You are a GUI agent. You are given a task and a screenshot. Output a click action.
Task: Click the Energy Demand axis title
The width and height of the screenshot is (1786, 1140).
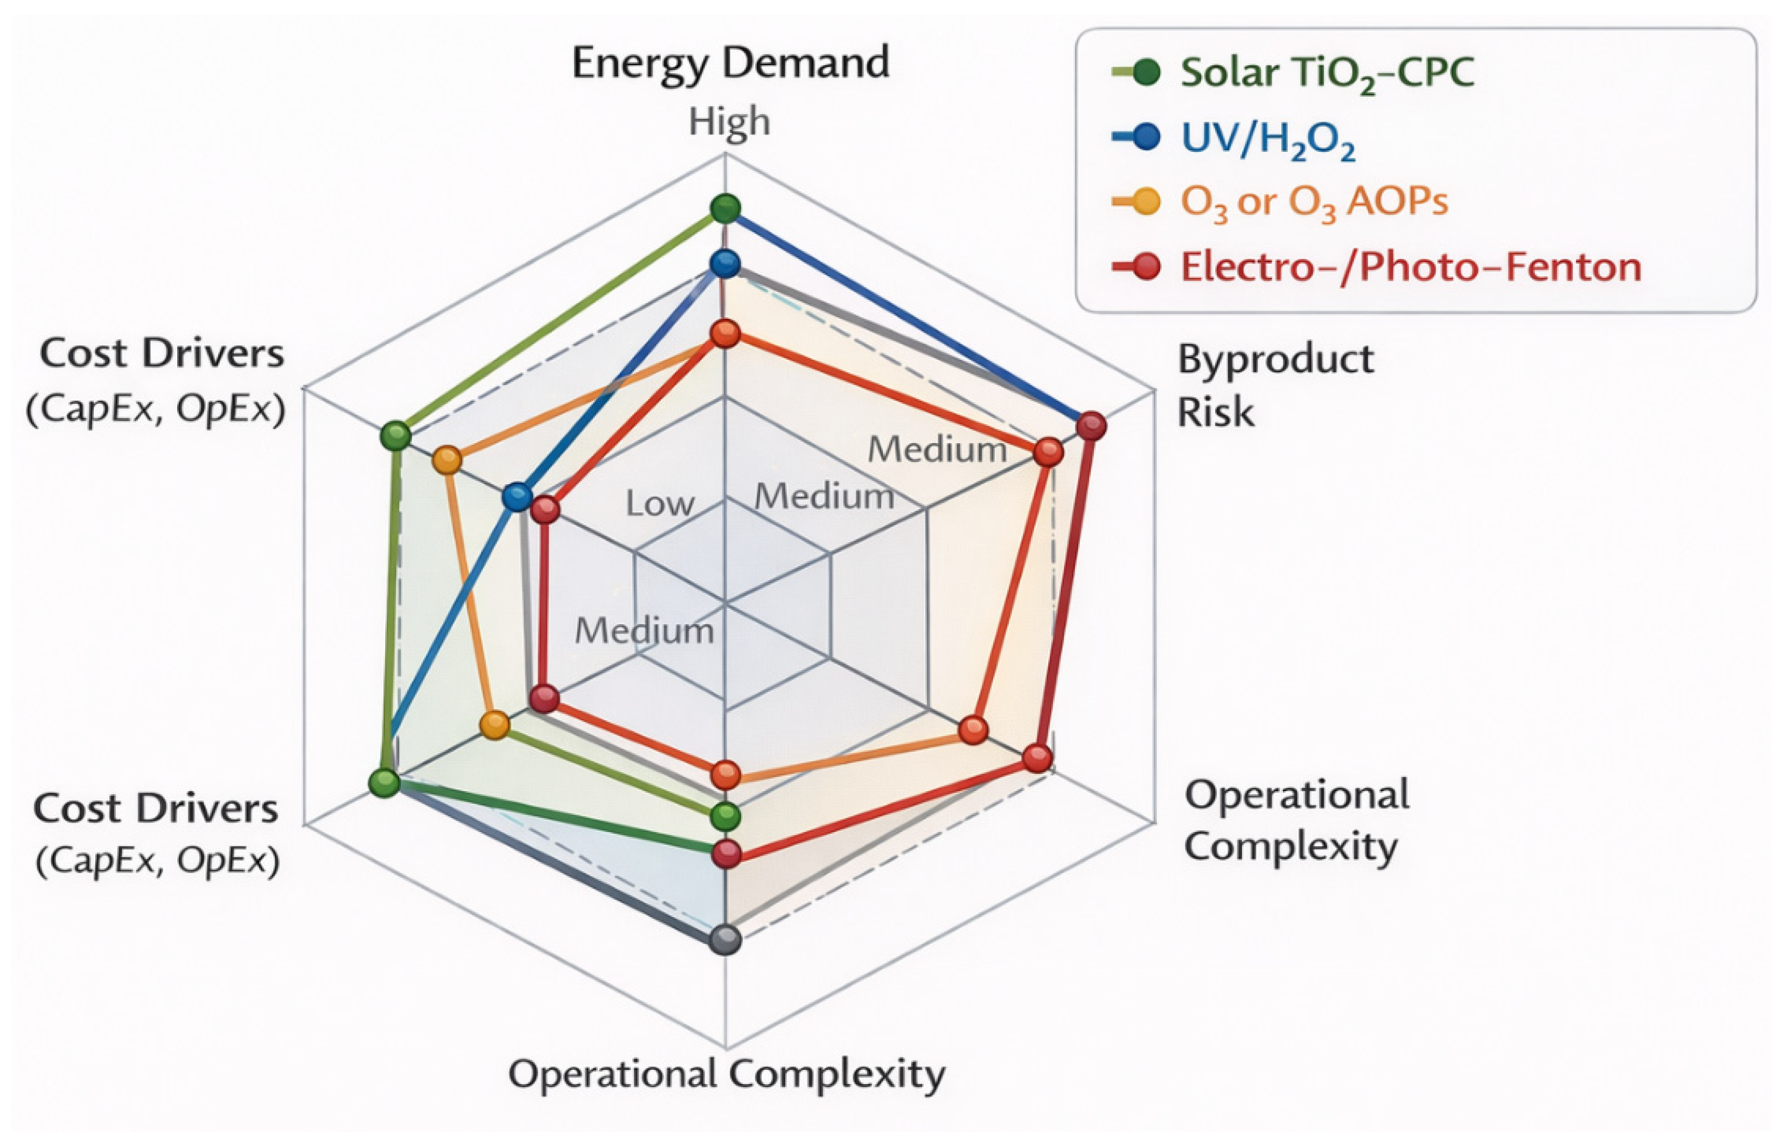coord(730,64)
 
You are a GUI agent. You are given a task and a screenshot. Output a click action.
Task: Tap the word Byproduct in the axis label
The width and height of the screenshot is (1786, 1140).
coord(1275,360)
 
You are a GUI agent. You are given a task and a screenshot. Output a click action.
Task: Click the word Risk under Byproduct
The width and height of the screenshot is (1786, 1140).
coord(1216,412)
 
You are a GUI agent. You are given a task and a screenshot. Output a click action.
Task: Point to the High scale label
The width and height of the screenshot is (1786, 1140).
coord(729,122)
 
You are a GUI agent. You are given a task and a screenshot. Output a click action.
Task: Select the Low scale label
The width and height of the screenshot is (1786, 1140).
coord(659,505)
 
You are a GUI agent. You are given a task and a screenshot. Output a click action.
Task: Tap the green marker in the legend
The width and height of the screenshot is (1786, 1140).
coord(1146,73)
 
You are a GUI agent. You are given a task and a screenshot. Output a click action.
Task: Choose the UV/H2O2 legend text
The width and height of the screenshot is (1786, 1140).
coord(1267,139)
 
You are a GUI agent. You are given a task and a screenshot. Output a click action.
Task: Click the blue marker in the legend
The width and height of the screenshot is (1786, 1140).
coord(1146,137)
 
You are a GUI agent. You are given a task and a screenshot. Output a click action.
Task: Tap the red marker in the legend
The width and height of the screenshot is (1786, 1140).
coord(1146,266)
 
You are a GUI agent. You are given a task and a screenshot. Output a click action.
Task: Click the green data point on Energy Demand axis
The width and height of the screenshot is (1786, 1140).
coord(725,208)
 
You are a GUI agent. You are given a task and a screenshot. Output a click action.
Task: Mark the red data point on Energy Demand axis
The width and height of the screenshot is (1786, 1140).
coord(725,334)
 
